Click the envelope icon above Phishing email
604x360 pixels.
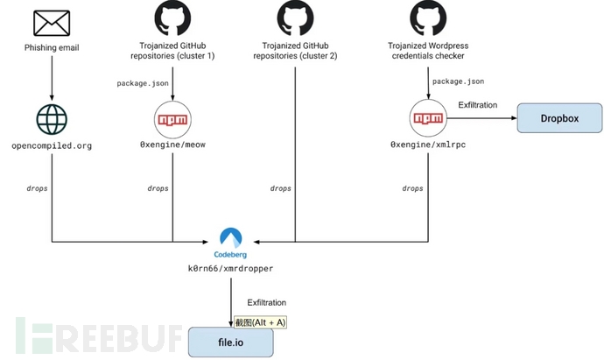tap(52, 20)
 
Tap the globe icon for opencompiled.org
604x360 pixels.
tap(52, 119)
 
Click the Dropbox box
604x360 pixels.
tap(559, 117)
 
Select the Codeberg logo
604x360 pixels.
tap(232, 238)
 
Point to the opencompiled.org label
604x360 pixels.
tap(52, 143)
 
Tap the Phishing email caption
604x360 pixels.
tap(52, 47)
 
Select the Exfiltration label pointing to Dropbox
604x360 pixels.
tap(478, 105)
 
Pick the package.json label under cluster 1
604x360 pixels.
tap(143, 83)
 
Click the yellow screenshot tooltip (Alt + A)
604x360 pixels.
tap(260, 322)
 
